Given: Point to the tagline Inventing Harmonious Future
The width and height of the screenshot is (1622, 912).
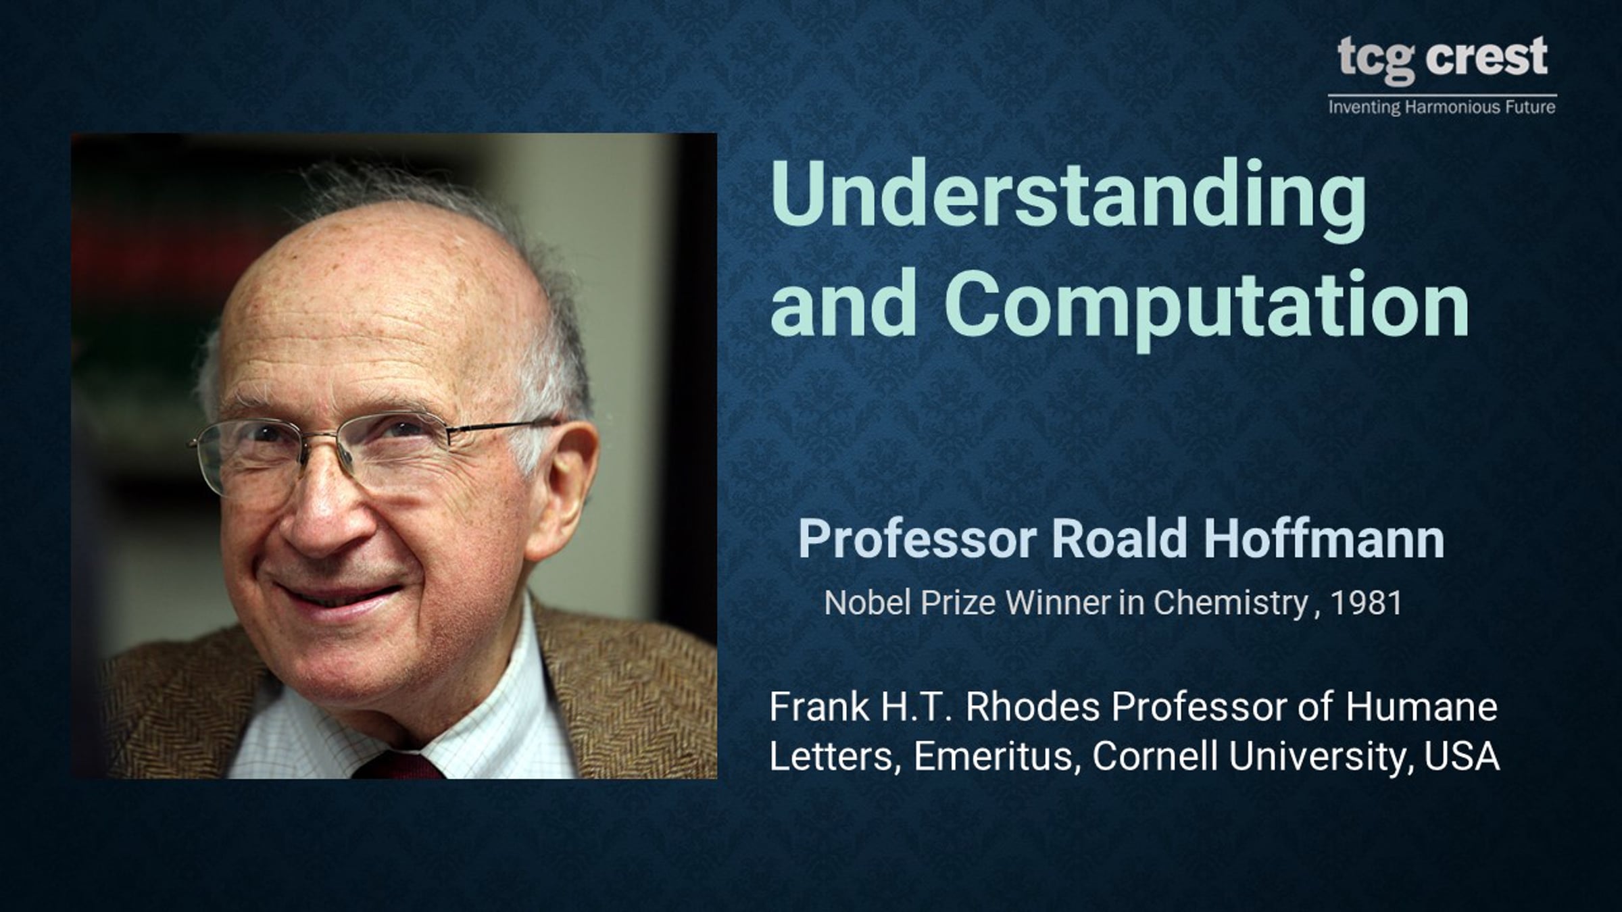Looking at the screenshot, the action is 1442,107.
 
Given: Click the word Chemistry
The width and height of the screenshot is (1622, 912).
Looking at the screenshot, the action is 1230,603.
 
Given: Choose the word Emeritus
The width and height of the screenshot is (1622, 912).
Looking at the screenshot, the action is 993,757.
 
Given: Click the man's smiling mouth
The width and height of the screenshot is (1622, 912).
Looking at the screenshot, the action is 338,598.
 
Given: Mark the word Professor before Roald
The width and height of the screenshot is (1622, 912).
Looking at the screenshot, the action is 917,538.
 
